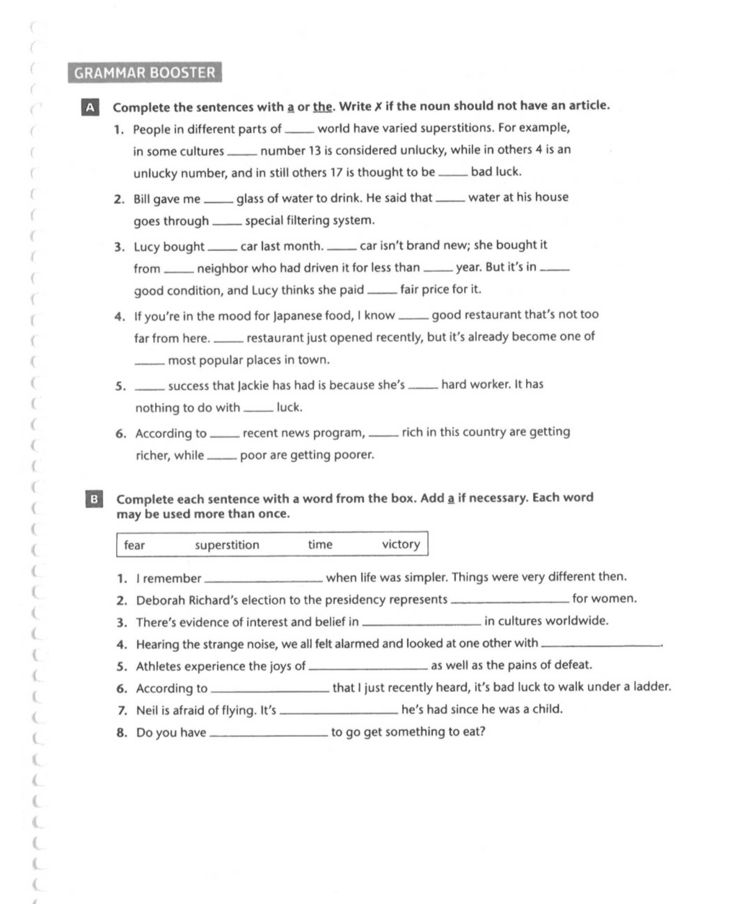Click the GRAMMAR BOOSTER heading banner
(145, 72)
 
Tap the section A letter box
(90, 108)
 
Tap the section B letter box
(94, 499)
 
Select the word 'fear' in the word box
(134, 545)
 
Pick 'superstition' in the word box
(227, 545)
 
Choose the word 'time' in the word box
(320, 544)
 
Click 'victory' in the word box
(401, 544)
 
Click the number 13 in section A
(315, 151)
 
